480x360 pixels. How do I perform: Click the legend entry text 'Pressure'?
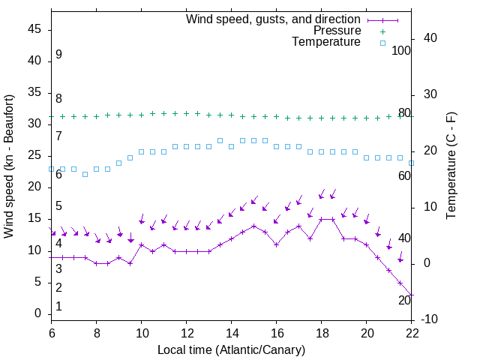click(x=337, y=31)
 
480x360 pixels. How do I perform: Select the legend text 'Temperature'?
click(x=326, y=42)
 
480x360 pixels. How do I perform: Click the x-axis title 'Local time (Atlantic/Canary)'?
click(x=231, y=349)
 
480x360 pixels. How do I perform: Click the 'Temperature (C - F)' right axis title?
click(x=451, y=166)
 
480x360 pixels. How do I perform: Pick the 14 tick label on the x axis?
click(x=231, y=333)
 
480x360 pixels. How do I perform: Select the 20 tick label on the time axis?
click(x=366, y=333)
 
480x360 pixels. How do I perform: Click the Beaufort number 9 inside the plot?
click(x=58, y=55)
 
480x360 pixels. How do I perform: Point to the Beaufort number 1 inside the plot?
click(x=58, y=307)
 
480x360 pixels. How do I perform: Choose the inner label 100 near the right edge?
click(x=402, y=51)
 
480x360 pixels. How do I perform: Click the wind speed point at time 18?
click(x=321, y=219)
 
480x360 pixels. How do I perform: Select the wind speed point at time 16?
click(x=276, y=244)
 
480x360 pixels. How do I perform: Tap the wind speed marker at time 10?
click(x=141, y=244)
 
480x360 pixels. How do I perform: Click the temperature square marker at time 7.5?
click(x=85, y=174)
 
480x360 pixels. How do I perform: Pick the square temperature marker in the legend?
click(x=382, y=43)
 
